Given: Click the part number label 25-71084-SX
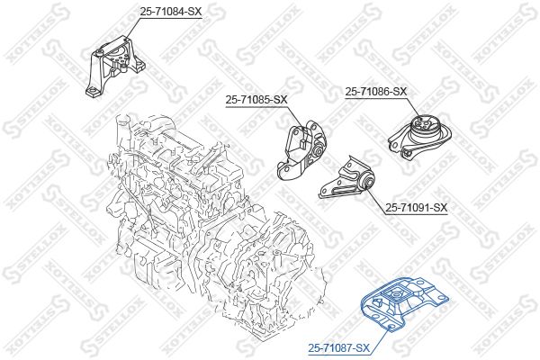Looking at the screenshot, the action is pyautogui.click(x=170, y=12).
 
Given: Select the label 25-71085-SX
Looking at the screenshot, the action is pyautogui.click(x=256, y=100).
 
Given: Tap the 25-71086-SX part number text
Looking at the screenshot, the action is pyautogui.click(x=376, y=91).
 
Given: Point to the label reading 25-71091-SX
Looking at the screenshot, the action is pyautogui.click(x=417, y=207).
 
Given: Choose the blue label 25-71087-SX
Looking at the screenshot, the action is pyautogui.click(x=339, y=348).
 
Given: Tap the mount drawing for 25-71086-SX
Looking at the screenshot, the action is pyautogui.click(x=419, y=136).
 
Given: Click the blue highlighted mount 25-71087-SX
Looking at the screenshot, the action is pyautogui.click(x=403, y=302).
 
